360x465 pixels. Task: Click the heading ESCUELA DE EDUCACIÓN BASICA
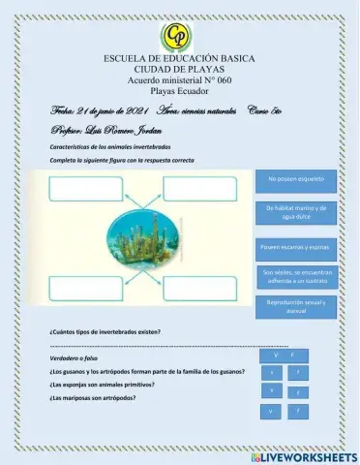pyautogui.click(x=179, y=60)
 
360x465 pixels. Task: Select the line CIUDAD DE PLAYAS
pyautogui.click(x=179, y=71)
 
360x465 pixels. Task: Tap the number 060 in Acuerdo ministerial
pyautogui.click(x=225, y=81)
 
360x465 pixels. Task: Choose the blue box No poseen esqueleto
pyautogui.click(x=296, y=181)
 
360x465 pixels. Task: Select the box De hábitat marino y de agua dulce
pyautogui.click(x=296, y=212)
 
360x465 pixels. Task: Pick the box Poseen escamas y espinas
pyautogui.click(x=296, y=247)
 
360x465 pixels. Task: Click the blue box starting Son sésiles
pyautogui.click(x=296, y=276)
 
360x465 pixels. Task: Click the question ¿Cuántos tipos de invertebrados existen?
pyautogui.click(x=105, y=331)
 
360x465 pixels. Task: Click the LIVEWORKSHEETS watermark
pyautogui.click(x=303, y=455)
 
